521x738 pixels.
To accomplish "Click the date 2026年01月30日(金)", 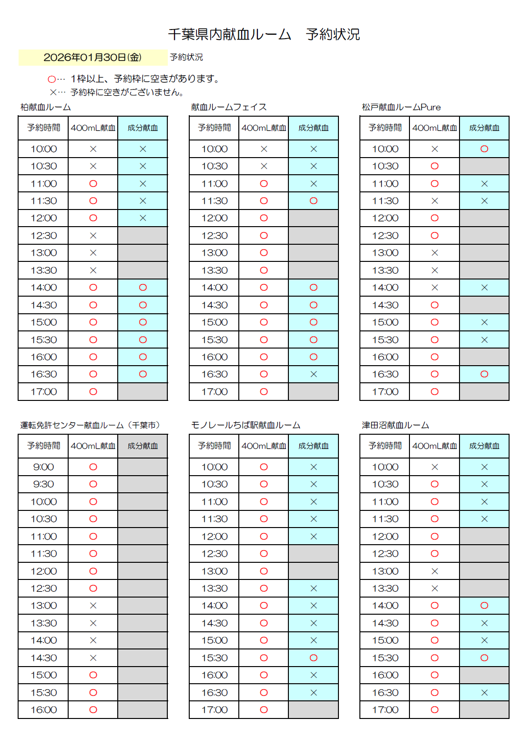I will point(92,57).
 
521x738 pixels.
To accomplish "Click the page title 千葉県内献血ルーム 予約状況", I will point(264,34).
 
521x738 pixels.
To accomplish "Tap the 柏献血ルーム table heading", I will point(46,107).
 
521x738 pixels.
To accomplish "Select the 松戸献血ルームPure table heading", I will point(401,107).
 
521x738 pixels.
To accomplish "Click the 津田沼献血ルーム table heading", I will point(395,425).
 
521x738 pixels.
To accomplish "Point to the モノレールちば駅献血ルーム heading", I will point(245,425).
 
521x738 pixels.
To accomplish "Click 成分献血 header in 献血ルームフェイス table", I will point(313,128).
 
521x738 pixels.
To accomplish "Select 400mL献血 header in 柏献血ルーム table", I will point(93,128).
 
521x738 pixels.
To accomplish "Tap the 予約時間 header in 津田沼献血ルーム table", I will point(385,446).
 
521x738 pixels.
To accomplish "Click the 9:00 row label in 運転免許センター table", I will point(43,467).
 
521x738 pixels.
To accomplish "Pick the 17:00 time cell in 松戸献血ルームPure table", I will point(385,392).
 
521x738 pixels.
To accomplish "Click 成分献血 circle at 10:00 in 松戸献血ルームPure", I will point(484,149).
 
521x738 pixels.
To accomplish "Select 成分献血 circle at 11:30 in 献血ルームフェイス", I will point(313,201).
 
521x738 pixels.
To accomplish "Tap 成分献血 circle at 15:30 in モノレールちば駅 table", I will point(313,658).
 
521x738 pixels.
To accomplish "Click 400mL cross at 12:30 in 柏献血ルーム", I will point(93,236).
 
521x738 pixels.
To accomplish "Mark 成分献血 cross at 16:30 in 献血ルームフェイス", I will point(313,374).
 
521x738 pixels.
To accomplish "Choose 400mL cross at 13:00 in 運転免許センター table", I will point(93,606).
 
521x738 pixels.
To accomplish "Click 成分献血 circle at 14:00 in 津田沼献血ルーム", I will point(484,606).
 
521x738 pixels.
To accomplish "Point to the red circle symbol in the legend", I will point(51,79).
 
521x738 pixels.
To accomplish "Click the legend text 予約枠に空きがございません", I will point(127,92).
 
